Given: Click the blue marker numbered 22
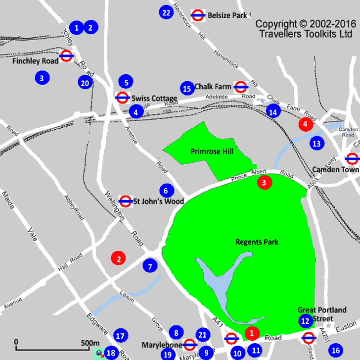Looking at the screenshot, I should (166, 12).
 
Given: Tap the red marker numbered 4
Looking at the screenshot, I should (306, 124).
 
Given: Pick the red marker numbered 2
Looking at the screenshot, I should (119, 257).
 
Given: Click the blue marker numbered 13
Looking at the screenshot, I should (316, 144).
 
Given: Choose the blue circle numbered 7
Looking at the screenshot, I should (150, 266).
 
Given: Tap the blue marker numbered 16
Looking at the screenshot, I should (336, 351).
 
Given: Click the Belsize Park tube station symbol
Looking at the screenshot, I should (198, 15).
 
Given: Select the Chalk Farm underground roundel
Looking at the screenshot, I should (241, 87).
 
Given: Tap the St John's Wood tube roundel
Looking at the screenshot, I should (126, 201).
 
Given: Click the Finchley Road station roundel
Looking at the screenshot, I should (67, 56).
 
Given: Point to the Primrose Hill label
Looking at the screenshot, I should (212, 152).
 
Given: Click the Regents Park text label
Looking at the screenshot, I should (257, 242).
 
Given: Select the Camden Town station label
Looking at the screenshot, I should (335, 169).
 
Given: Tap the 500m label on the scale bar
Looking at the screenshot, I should (90, 343).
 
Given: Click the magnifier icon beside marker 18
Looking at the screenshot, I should (100, 354).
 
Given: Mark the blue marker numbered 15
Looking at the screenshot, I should (186, 89).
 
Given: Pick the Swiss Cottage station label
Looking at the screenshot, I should (154, 99).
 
